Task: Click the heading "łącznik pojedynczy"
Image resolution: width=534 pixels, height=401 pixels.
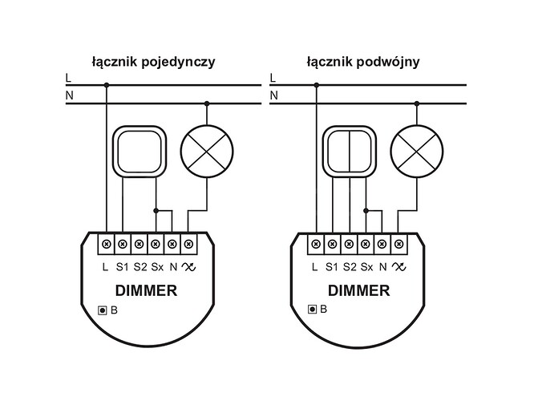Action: pyautogui.click(x=152, y=60)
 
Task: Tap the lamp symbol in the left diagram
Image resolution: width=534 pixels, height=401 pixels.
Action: pyautogui.click(x=206, y=152)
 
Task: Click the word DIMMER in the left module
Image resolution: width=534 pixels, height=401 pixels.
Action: pyautogui.click(x=147, y=291)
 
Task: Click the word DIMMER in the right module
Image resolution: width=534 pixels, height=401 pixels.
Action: pyautogui.click(x=357, y=291)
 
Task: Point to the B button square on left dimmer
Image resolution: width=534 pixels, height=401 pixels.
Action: pyautogui.click(x=101, y=310)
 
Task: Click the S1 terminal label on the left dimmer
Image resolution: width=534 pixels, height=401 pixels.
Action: pyautogui.click(x=123, y=265)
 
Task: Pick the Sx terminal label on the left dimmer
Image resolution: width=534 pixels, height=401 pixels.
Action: pyautogui.click(x=156, y=265)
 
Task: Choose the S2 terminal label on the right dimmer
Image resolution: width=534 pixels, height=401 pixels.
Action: pyautogui.click(x=350, y=265)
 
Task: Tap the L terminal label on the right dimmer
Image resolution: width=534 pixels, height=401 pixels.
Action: pyautogui.click(x=316, y=265)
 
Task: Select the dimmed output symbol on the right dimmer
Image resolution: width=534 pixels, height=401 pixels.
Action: pyautogui.click(x=398, y=265)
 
